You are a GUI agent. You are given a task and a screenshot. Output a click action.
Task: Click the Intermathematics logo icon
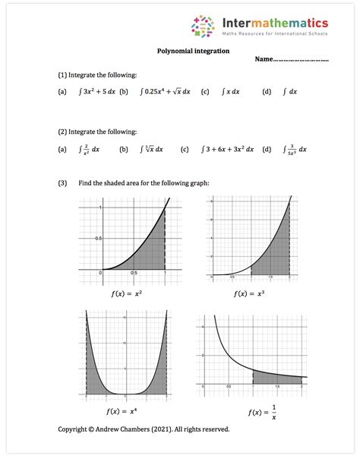click(203, 27)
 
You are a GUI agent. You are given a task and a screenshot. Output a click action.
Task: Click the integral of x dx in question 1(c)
click(230, 92)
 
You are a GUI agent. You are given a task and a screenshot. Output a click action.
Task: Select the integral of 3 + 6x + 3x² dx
click(238, 150)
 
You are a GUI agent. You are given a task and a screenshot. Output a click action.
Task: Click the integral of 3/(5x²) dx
click(294, 150)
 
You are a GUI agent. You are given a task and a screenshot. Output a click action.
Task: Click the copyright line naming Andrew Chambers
click(144, 429)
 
